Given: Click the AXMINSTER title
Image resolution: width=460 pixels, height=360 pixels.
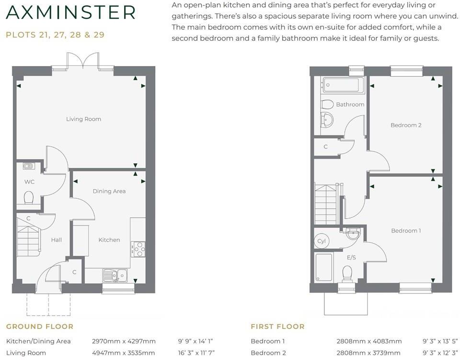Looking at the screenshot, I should pos(71,13).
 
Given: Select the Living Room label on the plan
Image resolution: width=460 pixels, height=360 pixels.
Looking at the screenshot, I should pos(83,119).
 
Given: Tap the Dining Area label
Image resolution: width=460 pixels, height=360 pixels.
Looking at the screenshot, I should pos(109,191).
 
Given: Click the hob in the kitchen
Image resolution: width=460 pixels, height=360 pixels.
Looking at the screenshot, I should pos(138,248).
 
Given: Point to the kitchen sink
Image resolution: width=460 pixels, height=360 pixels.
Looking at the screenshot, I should pos(115,275).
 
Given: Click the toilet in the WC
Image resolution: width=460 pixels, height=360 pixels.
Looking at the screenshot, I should pos(29,197).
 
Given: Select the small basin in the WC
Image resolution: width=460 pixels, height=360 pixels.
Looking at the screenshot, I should pos(28,166).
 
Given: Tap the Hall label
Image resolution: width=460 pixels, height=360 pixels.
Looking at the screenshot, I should pos(56,240).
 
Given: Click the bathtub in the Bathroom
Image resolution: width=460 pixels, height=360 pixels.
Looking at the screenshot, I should pos(341,85).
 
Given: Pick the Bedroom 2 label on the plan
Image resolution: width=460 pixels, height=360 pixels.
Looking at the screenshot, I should pos(405,125).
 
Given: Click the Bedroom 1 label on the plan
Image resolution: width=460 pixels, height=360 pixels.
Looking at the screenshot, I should pos(405,230).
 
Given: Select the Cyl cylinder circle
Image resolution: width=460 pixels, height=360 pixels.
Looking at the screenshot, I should pos(322,241).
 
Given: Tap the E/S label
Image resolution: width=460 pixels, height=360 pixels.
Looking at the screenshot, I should pos(351,258).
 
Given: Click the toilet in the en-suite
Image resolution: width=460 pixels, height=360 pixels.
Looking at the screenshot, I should pos(347,273).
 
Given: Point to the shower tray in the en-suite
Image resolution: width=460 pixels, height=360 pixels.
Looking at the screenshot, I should pos(324,267).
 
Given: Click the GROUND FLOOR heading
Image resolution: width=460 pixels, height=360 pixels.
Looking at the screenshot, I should pos(40,326).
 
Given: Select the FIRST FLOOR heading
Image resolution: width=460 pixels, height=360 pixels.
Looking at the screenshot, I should pos(277,326).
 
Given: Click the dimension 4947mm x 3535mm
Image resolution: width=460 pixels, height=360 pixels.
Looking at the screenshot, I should pos(124,353).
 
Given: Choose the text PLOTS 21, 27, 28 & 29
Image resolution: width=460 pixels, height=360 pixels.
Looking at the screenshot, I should pos(55,35).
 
